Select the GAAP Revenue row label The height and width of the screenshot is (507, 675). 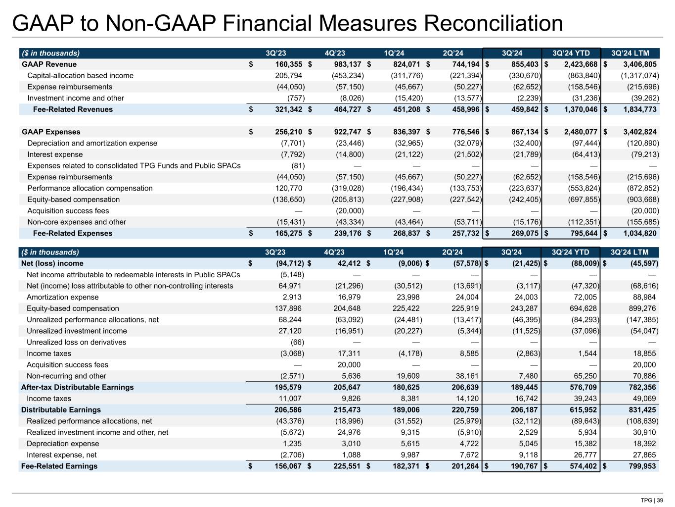pos(49,64)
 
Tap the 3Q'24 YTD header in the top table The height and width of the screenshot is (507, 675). pos(571,53)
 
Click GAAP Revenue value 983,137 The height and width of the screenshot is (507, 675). pos(345,64)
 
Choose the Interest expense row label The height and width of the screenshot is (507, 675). pos(55,154)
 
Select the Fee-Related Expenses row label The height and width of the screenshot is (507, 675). pos(73,233)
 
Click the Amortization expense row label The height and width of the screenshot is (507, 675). pos(62,297)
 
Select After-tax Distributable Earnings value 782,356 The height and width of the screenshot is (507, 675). pos(642,387)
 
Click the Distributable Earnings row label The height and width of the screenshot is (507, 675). pos(61,409)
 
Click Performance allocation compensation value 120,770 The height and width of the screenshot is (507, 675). pos(288,188)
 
